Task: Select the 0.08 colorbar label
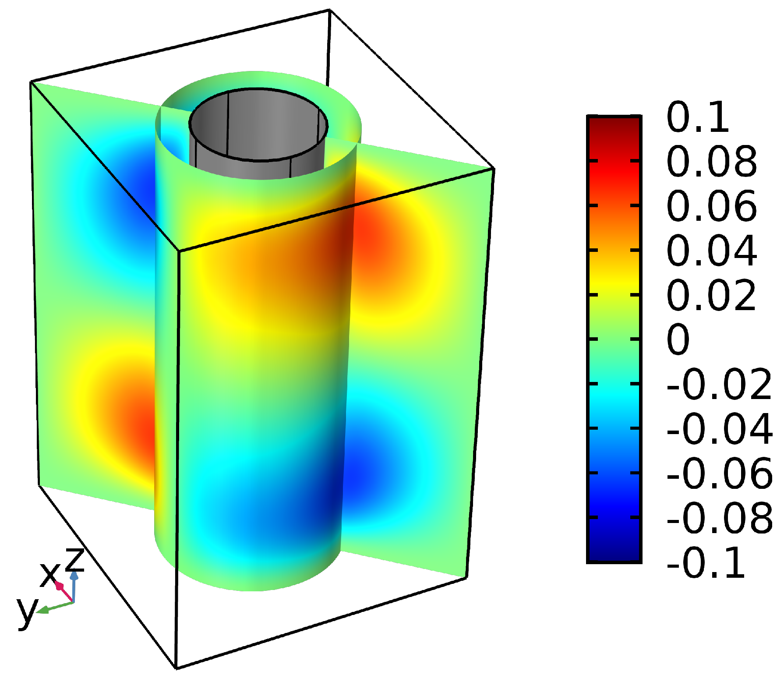pos(711,162)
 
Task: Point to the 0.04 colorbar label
pos(711,251)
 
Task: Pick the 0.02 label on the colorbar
pos(711,295)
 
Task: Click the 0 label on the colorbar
pos(678,340)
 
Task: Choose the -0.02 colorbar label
pos(719,385)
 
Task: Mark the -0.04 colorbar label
pos(719,429)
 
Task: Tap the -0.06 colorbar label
pos(719,474)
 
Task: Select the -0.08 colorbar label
pos(719,518)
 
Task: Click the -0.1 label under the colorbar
pos(705,563)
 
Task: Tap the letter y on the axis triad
pos(27,611)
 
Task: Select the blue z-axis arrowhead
pos(74,575)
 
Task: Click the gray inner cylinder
pos(258,131)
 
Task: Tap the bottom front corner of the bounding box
pos(176,668)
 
